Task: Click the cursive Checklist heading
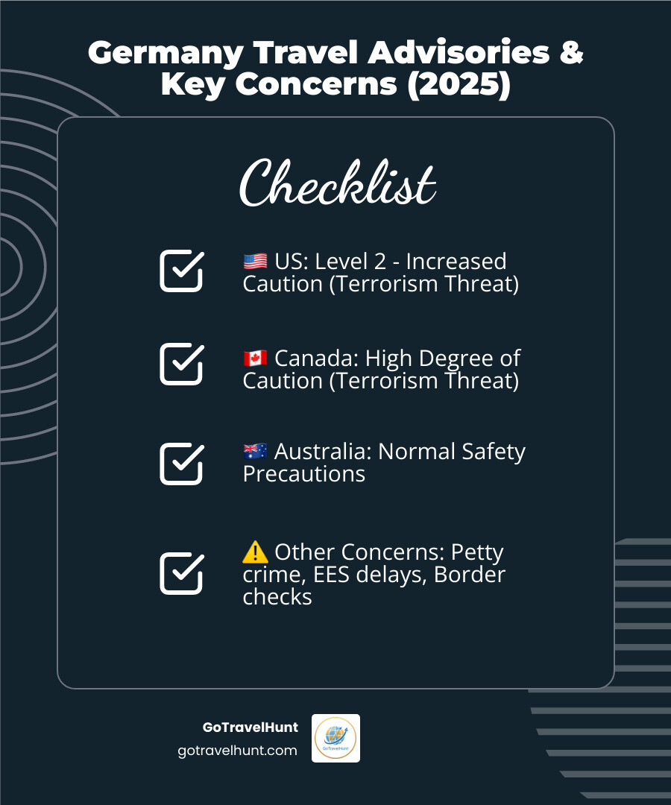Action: pos(337,183)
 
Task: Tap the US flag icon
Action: pos(255,262)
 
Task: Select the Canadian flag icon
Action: pos(255,359)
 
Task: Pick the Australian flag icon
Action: pos(255,452)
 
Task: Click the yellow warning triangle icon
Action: pos(255,552)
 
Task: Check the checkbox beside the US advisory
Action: pos(181,271)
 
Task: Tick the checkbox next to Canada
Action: pos(181,364)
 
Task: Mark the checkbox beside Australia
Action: pos(181,464)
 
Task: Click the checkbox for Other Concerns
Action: pos(181,573)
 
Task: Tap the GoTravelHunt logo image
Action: pos(335,738)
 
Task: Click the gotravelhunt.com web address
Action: pos(237,751)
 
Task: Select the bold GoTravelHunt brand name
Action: pos(250,727)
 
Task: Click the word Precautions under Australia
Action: pos(303,474)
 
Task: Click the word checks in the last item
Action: pos(277,597)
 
